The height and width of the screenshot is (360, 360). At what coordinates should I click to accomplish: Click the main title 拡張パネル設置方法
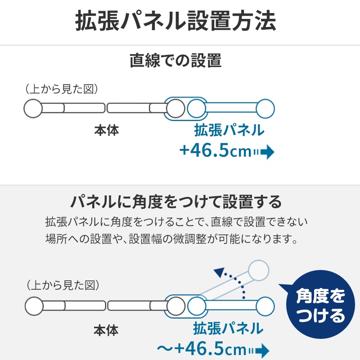tap(175, 20)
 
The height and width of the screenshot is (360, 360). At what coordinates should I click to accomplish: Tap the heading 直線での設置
tap(175, 60)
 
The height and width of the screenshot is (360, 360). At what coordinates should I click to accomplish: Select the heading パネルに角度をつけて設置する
tap(176, 202)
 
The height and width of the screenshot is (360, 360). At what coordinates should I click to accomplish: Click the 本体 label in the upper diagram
tap(107, 130)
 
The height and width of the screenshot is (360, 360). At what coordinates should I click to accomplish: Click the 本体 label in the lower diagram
tap(106, 330)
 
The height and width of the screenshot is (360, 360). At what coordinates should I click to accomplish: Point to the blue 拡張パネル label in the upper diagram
tap(229, 130)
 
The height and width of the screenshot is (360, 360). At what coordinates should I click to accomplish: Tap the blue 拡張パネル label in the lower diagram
tap(228, 328)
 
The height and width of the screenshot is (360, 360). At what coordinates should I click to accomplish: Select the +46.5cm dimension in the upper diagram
tap(216, 150)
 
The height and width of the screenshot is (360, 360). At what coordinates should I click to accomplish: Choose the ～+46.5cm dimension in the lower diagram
tap(202, 349)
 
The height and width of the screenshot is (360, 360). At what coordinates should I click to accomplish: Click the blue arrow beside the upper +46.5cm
tap(264, 152)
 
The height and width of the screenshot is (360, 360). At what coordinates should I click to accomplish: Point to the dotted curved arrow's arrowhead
tap(220, 272)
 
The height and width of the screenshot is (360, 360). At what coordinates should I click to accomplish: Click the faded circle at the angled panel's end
tap(258, 270)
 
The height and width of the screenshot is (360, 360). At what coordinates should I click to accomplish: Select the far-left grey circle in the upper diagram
tap(33, 108)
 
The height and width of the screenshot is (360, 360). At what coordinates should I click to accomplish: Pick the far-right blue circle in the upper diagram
tap(265, 108)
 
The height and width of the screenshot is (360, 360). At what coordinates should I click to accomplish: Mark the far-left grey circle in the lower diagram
tap(34, 306)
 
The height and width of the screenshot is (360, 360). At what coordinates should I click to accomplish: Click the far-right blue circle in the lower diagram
tap(265, 306)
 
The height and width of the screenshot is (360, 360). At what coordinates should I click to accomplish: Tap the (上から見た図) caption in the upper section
tap(62, 89)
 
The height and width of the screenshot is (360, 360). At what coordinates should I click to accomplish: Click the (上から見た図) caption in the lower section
tap(63, 285)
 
